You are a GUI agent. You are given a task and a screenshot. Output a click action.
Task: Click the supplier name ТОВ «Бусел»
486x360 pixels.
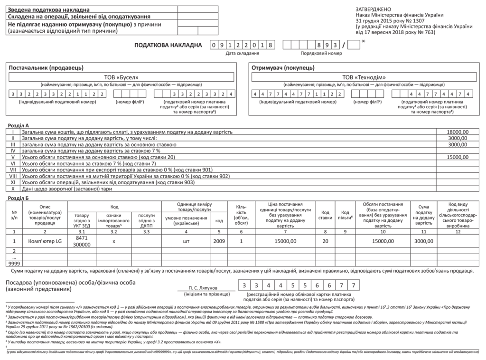tap(122, 77)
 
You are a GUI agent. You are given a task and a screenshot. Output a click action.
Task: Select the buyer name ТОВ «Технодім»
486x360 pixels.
tap(364, 77)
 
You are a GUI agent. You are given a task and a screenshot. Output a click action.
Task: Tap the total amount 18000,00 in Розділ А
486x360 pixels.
tap(458, 132)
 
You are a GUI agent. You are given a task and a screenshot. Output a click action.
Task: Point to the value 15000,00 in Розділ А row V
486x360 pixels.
tap(458, 157)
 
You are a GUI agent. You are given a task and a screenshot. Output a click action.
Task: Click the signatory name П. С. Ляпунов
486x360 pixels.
tap(202, 288)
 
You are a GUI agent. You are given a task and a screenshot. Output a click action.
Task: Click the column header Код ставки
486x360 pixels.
tap(326, 215)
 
